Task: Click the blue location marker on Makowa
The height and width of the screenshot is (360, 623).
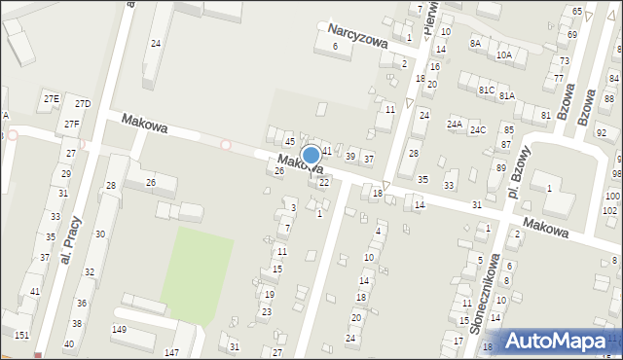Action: tap(311, 155)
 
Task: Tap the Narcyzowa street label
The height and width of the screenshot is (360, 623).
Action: tap(358, 37)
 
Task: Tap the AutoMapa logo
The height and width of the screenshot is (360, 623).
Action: tap(557, 342)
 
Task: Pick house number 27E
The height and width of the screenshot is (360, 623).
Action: tap(51, 99)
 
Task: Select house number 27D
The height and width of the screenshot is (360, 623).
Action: tap(83, 104)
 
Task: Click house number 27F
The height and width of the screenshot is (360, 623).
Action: tap(72, 125)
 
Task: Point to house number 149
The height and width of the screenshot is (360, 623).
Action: tap(119, 329)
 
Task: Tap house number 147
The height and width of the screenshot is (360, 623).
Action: tap(171, 351)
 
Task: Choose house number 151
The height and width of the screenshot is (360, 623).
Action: tap(21, 335)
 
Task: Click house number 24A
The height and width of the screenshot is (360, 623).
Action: tap(455, 125)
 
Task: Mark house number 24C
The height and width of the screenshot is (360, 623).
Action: tap(478, 129)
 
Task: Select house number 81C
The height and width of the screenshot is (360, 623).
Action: tap(486, 90)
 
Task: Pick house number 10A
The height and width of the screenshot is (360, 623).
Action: tap(503, 55)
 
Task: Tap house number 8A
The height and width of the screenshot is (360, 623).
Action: tap(475, 43)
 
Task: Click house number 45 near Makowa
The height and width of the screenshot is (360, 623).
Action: tap(289, 142)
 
